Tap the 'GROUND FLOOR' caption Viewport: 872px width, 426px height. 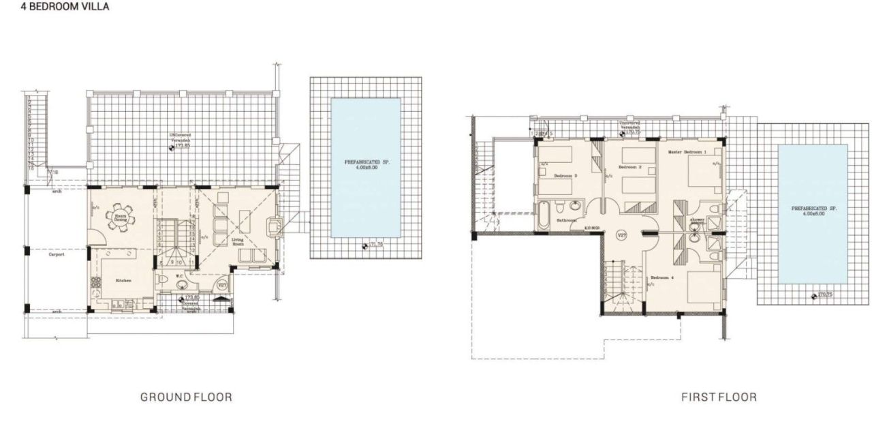point(186,397)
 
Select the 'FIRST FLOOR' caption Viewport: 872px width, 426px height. point(719,397)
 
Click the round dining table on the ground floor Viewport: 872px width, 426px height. point(121,215)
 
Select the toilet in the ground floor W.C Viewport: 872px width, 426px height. point(161,282)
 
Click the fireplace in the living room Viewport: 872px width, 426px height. point(273,225)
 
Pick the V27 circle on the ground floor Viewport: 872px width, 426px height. point(222,285)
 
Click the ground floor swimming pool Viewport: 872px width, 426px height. point(365,168)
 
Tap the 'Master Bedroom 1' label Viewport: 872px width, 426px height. point(687,152)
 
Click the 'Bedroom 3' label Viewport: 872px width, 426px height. point(565,176)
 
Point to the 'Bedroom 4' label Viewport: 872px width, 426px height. point(662,277)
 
